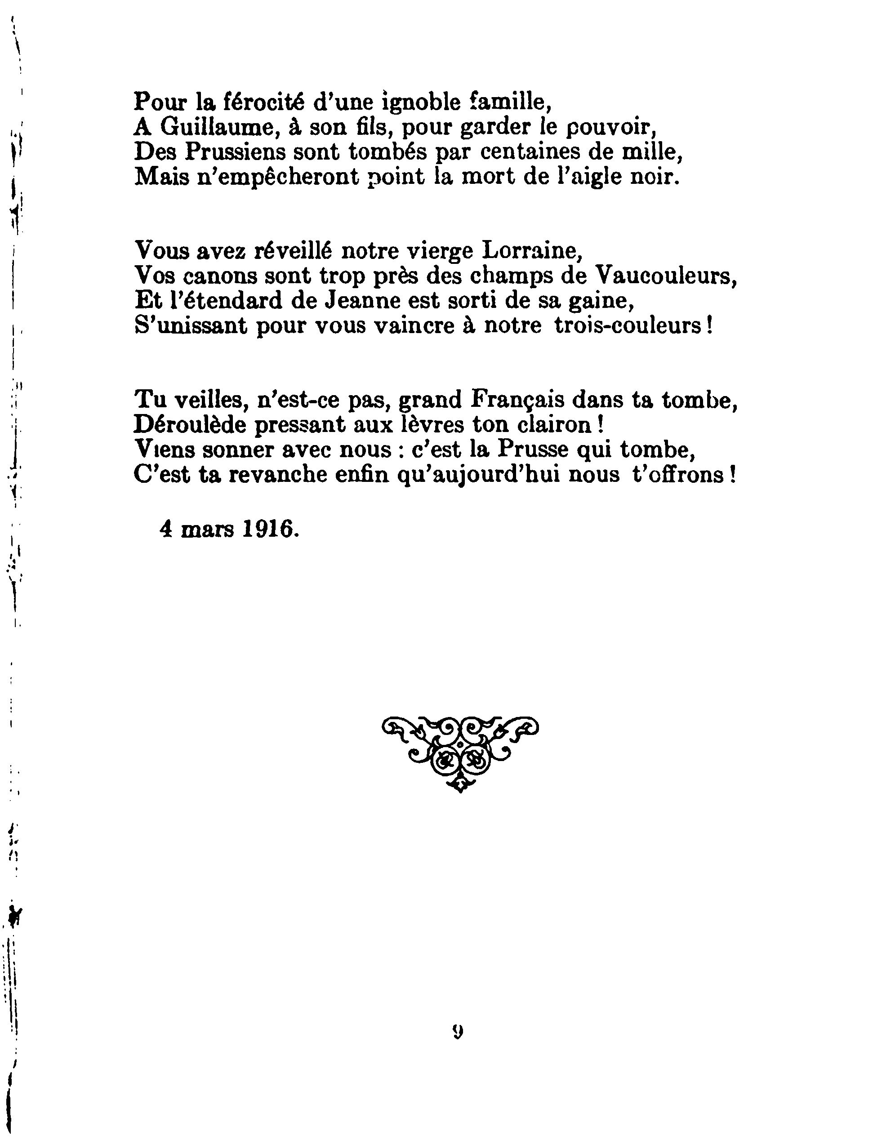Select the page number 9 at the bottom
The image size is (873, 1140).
click(x=458, y=1030)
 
